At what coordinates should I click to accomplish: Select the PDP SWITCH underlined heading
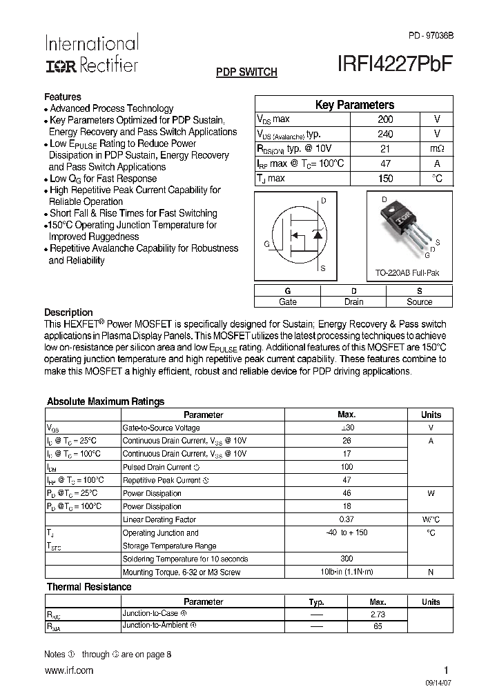pos(246,72)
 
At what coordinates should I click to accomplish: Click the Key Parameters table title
pos(354,105)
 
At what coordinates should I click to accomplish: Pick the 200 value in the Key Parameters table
pos(386,119)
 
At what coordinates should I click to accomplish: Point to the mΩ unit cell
pos(437,149)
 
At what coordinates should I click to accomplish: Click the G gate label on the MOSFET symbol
pos(266,243)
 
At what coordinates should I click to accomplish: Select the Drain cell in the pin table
pos(353,301)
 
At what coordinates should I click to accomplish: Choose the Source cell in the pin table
pos(419,301)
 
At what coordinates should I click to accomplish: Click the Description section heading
pos(68,312)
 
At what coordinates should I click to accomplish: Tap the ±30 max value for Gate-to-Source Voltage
pos(347,428)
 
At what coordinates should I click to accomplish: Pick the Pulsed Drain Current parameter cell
pos(161,467)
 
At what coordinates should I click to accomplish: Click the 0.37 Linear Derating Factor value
pos(347,519)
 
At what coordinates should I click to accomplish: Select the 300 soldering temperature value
pos(347,559)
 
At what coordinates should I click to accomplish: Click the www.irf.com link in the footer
pos(68,670)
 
